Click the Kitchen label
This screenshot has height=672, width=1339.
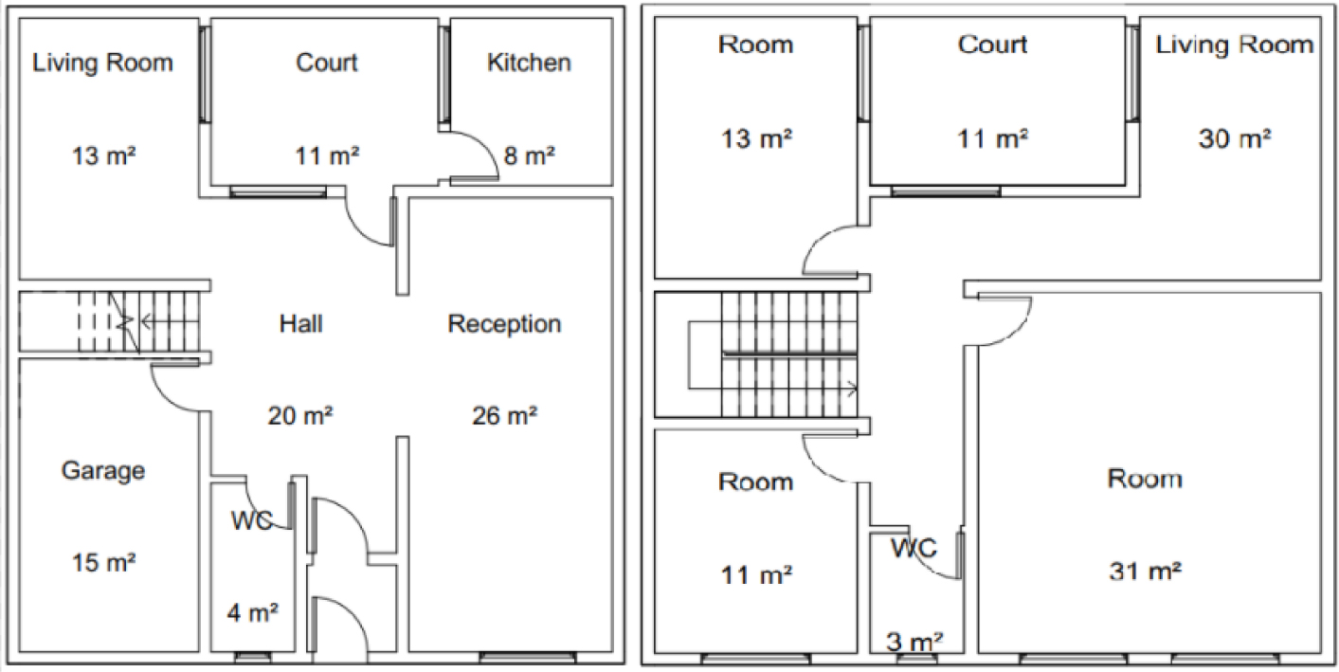click(x=529, y=63)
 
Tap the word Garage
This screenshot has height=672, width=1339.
click(x=102, y=471)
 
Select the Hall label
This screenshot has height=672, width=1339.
click(x=300, y=324)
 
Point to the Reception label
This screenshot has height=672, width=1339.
click(x=504, y=324)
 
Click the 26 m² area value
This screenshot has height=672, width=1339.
click(x=504, y=415)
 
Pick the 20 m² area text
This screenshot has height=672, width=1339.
click(x=300, y=415)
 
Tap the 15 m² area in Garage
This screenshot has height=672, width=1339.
click(x=103, y=563)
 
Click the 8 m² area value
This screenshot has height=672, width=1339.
click(x=529, y=156)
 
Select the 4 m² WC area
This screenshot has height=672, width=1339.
click(x=252, y=613)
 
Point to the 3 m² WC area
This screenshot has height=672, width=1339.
click(x=914, y=642)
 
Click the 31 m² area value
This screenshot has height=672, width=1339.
click(x=1146, y=571)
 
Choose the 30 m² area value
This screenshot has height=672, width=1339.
click(x=1235, y=138)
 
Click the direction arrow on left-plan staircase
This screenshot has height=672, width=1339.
click(x=171, y=322)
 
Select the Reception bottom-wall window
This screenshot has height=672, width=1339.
click(x=528, y=658)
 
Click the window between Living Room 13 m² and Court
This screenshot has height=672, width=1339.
click(x=205, y=74)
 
